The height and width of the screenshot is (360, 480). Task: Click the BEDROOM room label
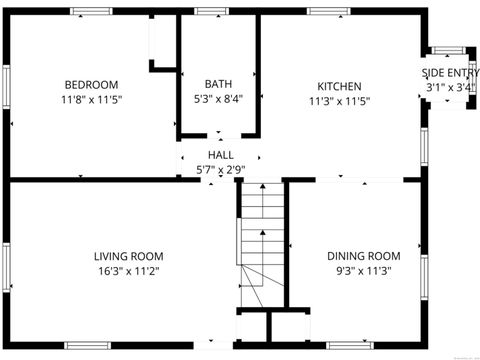coord(91,84)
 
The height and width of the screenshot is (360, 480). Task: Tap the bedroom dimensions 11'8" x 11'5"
coord(91,99)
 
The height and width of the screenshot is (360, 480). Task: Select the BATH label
coord(218,84)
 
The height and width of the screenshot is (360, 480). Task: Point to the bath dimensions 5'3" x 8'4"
coord(218,99)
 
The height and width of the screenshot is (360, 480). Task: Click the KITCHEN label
coord(339,86)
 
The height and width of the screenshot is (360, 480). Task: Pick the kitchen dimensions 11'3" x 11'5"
coord(339,101)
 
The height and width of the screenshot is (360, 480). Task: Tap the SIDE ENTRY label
coord(450,73)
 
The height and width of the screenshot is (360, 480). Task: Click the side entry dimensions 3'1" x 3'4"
coord(450,88)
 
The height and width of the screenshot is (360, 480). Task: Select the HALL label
coord(221,155)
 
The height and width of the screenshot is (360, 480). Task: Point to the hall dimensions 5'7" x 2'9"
coord(221,170)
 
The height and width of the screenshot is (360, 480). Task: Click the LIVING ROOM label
coord(128,256)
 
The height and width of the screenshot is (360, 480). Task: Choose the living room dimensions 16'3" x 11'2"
coord(128,271)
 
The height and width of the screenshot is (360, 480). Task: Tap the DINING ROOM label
coord(364,256)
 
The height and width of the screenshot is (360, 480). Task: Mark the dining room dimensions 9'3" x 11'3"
coord(364,271)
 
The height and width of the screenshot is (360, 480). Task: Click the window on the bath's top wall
coord(209,11)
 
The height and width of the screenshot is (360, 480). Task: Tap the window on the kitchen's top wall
coord(328,11)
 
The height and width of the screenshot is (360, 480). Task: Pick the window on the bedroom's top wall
coord(91,11)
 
